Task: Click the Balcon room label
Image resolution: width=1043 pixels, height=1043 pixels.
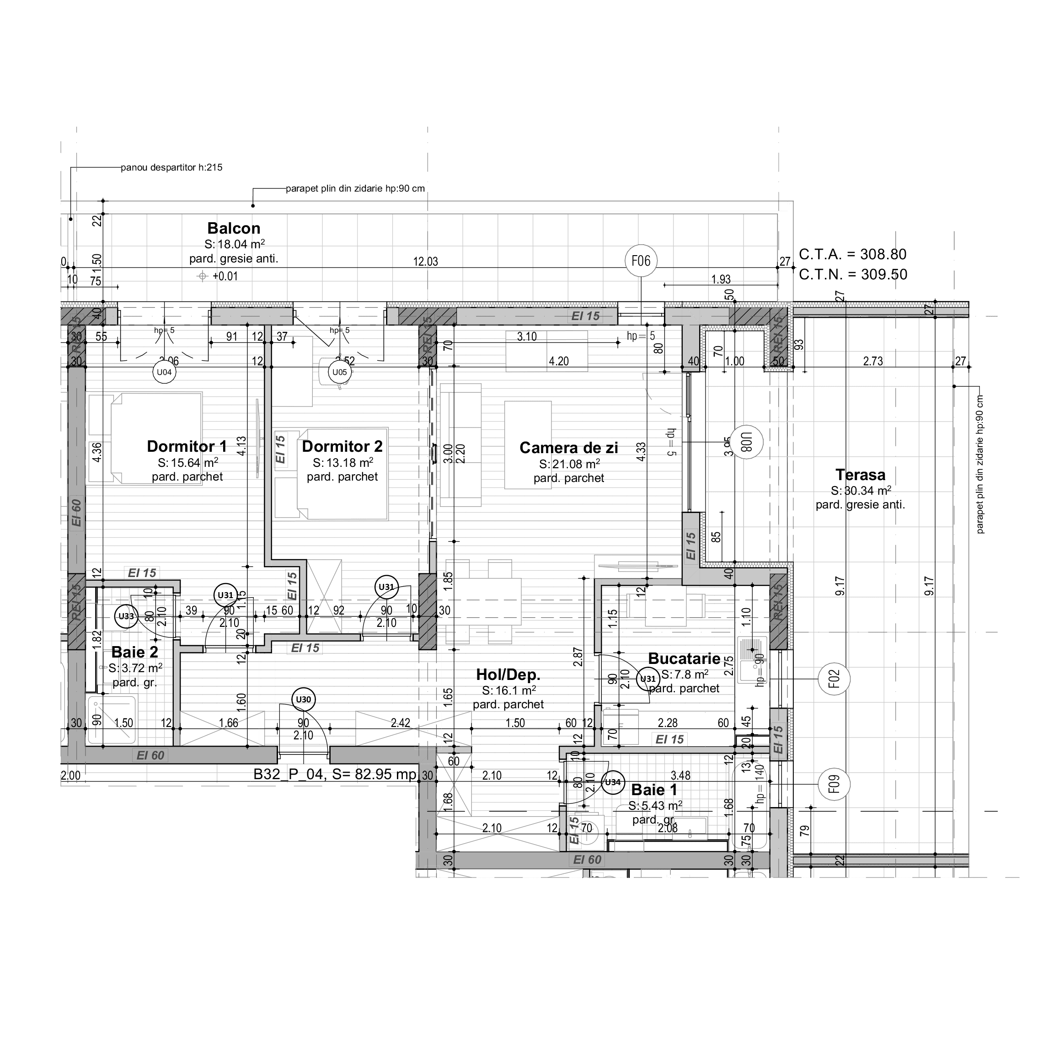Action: (x=234, y=228)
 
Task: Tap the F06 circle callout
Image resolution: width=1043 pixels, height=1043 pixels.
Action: (x=641, y=261)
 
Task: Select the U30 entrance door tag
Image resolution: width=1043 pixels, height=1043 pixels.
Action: (x=304, y=700)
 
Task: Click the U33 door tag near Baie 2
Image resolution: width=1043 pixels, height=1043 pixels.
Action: (x=126, y=616)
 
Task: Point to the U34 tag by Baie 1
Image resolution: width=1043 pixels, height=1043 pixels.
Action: (x=613, y=782)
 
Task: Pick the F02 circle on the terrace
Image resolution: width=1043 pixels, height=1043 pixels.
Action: (x=834, y=679)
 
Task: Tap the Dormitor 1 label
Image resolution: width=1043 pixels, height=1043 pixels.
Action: (x=187, y=446)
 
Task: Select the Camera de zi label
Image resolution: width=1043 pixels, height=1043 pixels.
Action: (x=568, y=448)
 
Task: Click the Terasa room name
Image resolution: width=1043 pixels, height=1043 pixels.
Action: (x=861, y=475)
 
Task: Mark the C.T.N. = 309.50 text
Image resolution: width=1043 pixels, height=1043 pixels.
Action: (x=853, y=274)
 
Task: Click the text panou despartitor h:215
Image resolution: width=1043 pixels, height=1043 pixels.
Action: (x=171, y=167)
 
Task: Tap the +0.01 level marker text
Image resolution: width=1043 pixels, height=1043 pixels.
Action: (x=225, y=276)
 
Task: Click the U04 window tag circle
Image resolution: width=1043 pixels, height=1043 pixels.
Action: (x=164, y=372)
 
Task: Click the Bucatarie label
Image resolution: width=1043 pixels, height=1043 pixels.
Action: (x=684, y=658)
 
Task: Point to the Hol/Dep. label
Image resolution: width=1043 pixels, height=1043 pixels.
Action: (x=508, y=674)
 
